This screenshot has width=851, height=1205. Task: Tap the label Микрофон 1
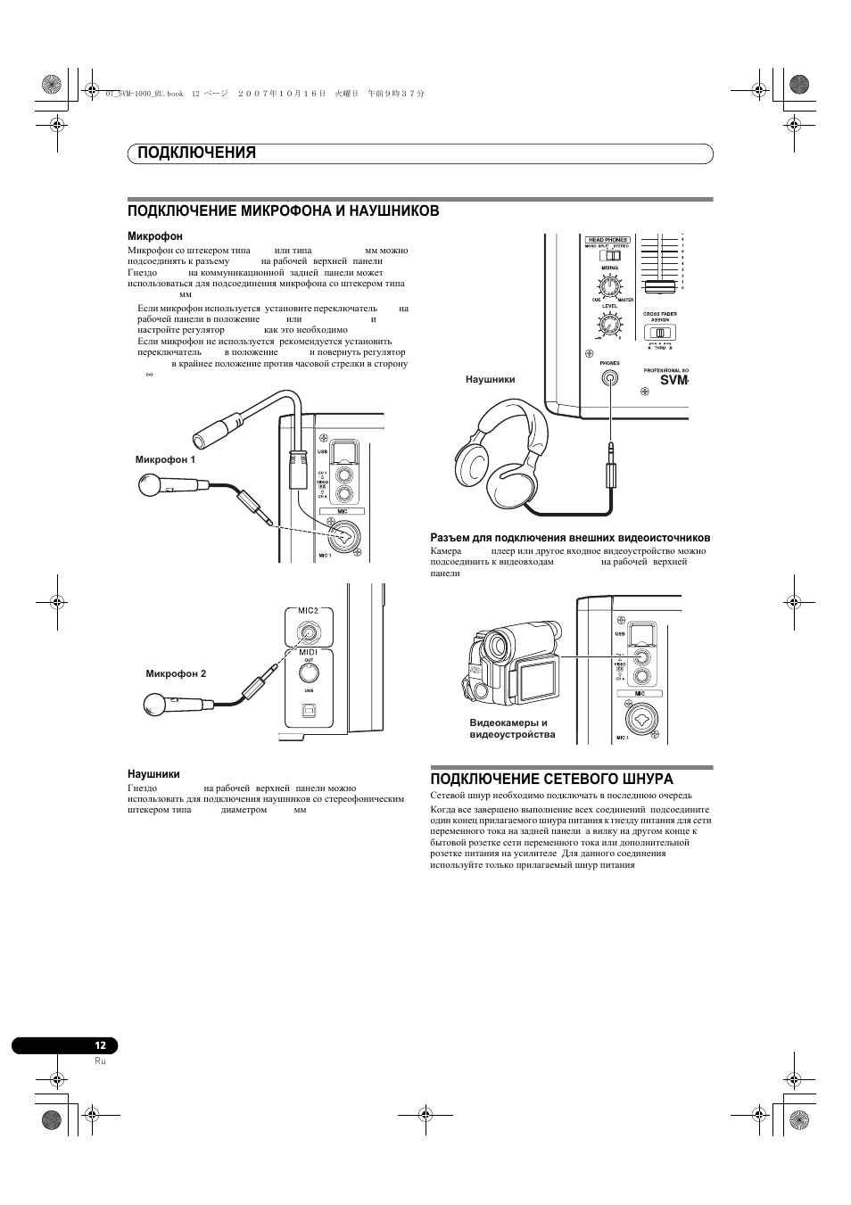click(165, 459)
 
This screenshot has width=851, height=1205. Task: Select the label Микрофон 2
click(176, 673)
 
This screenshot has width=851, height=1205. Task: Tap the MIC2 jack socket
click(308, 632)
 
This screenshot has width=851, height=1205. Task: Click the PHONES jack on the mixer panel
click(609, 377)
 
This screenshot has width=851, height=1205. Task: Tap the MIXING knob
click(609, 286)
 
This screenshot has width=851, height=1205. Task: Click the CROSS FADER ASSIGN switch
click(660, 333)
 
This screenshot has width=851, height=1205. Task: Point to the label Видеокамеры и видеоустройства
click(512, 729)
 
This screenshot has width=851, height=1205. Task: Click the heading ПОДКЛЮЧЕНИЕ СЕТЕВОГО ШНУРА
click(551, 779)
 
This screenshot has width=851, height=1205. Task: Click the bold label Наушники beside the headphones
click(490, 379)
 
